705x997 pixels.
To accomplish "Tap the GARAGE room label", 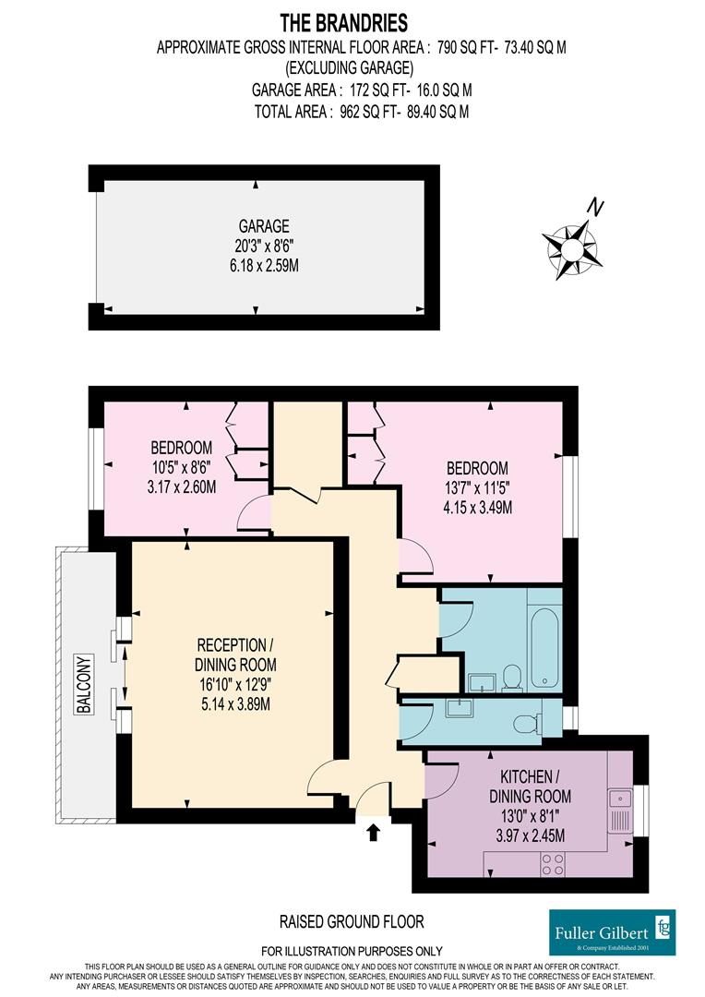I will (264, 226).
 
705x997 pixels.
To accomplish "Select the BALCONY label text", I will (84, 684).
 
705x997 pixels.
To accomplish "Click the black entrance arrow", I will (373, 833).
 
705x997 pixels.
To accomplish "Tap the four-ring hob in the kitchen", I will (553, 864).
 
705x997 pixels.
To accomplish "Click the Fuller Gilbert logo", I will (612, 932).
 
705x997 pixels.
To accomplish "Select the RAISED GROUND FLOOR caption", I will (352, 921).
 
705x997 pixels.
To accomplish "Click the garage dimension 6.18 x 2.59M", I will (264, 265).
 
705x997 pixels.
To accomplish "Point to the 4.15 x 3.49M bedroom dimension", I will (476, 506).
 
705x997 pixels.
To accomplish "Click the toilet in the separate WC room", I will (525, 721).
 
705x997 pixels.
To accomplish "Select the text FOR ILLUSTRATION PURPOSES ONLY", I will (352, 951).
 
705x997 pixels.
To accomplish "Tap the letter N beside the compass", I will (597, 208).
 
